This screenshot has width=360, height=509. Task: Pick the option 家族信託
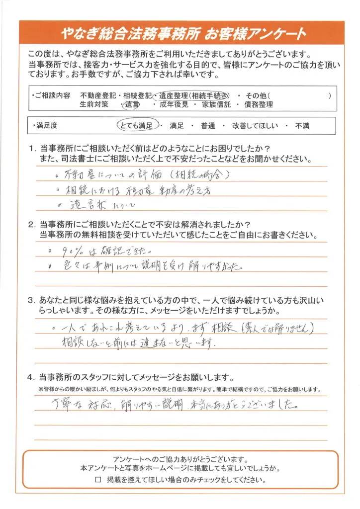point(216,105)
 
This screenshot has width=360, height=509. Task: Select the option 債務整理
point(258,105)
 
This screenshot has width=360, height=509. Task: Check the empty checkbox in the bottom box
point(98,481)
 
